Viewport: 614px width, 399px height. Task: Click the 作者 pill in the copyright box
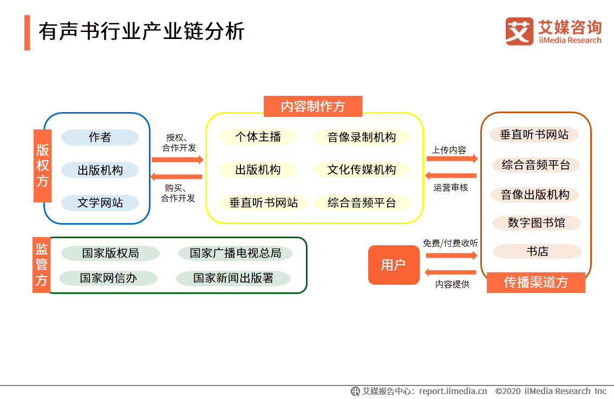point(100,138)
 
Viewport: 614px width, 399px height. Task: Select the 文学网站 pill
point(100,203)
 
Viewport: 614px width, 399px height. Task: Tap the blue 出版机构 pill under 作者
point(100,171)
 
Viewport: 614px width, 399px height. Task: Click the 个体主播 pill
point(258,137)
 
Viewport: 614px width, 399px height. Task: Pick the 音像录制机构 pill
point(361,138)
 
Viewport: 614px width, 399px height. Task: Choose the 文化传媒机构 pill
point(361,170)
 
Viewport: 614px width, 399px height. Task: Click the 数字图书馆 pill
point(536,223)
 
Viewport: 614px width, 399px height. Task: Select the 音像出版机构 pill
point(535,194)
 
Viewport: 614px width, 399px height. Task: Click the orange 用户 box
point(394,265)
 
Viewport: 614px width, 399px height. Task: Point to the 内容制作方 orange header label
point(312,106)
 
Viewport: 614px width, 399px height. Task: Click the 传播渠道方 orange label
point(535,283)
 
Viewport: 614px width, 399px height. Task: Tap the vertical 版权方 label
point(42,166)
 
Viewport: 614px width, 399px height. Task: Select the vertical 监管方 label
point(41,265)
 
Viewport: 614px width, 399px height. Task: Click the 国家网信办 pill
point(108,278)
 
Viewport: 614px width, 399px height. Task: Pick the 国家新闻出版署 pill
point(233,278)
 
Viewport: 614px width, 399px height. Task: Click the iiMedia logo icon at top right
point(519,31)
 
